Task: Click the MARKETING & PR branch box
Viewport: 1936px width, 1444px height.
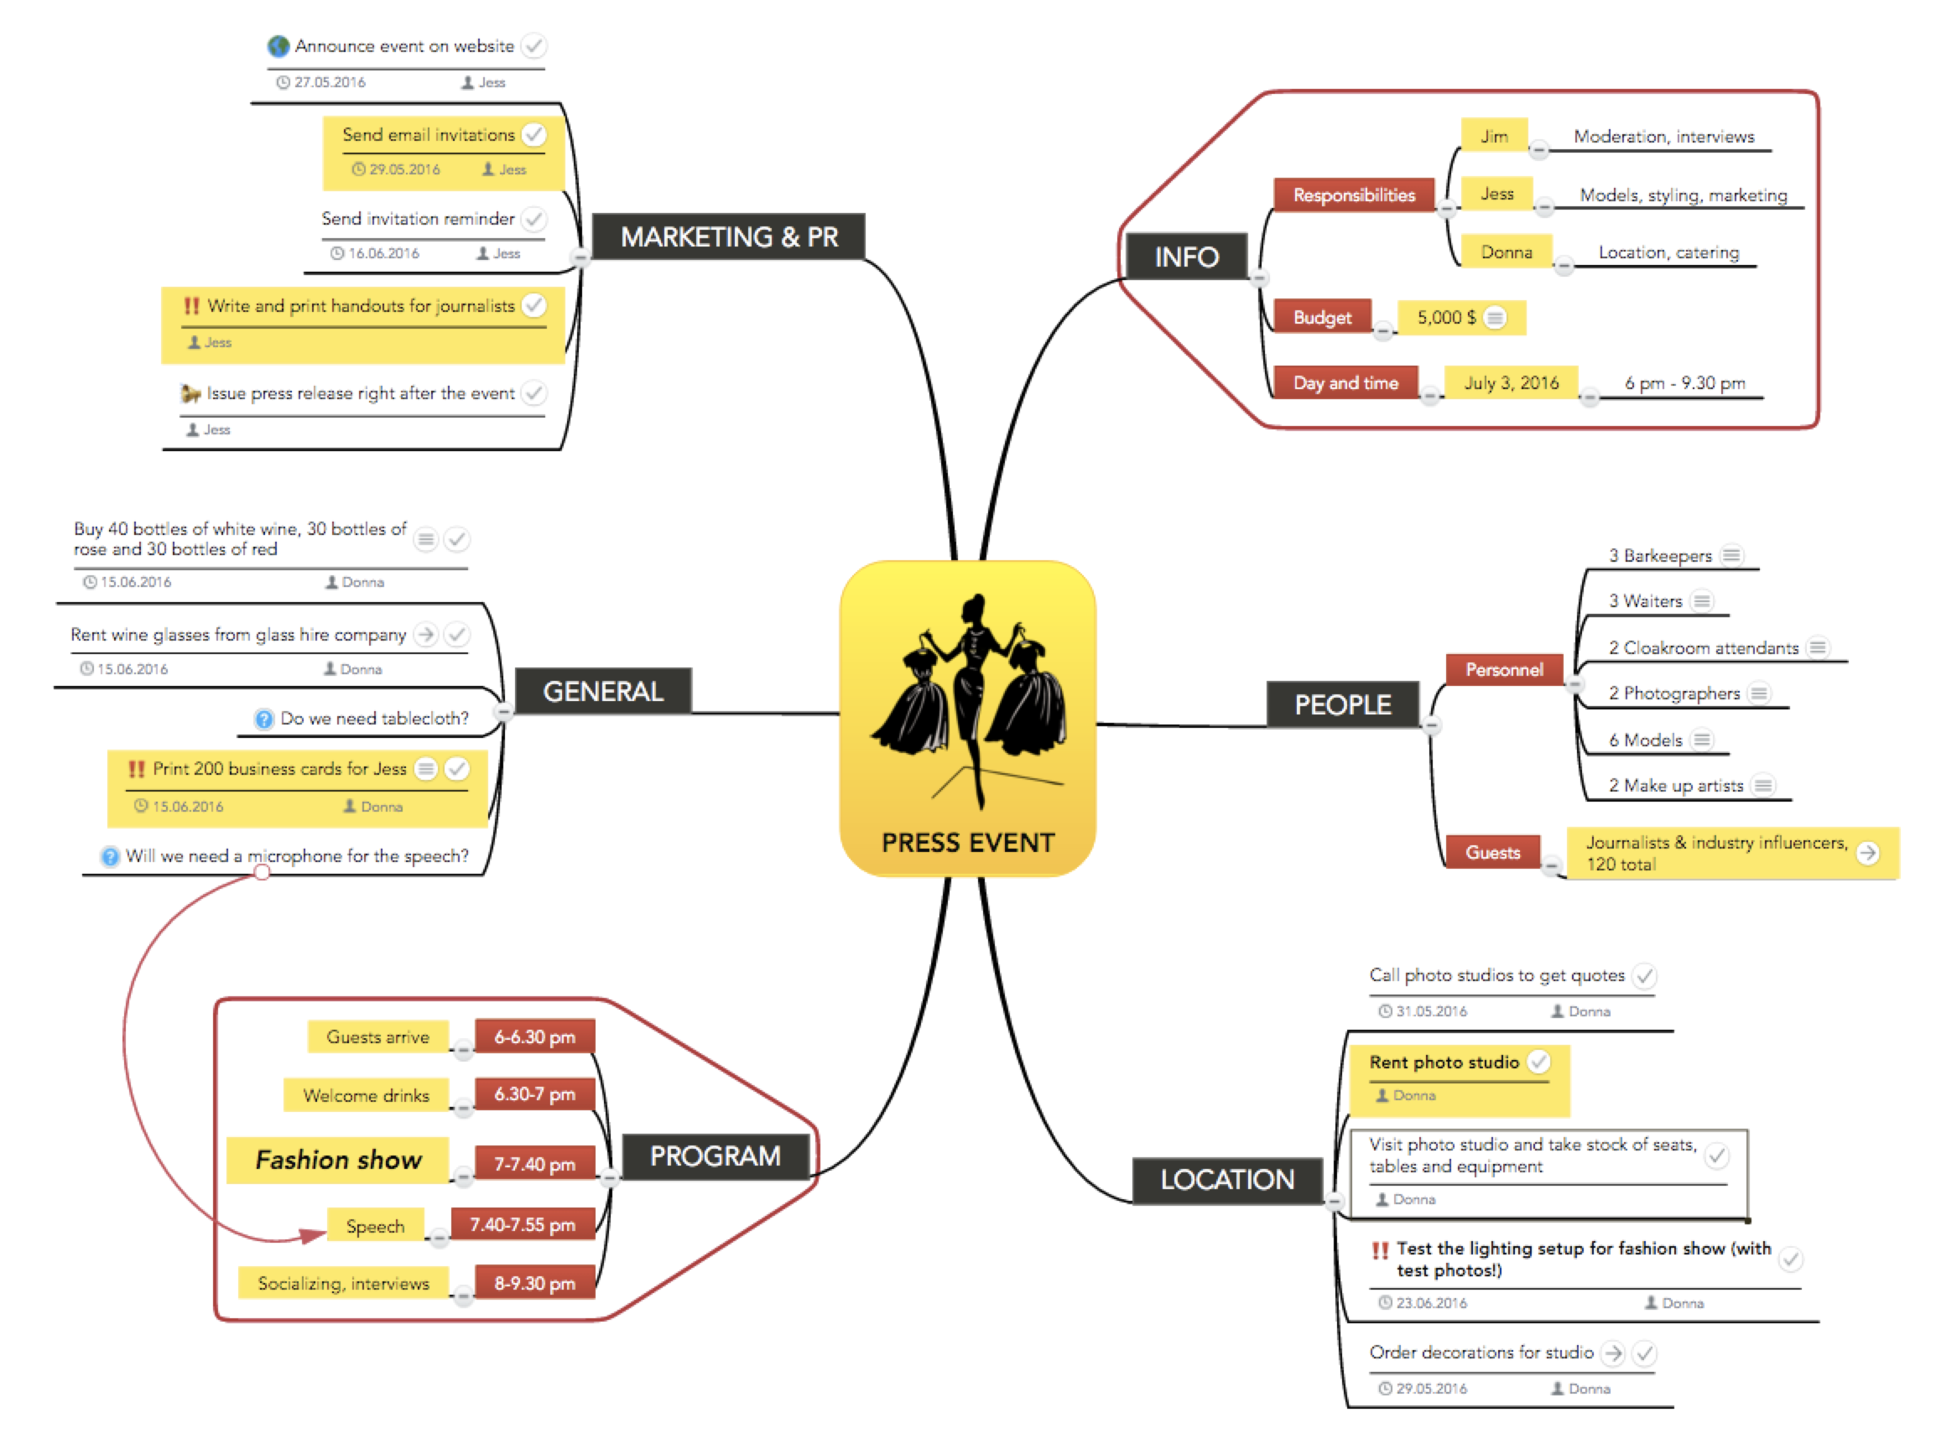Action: (x=728, y=236)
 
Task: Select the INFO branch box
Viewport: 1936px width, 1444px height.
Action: (x=1186, y=257)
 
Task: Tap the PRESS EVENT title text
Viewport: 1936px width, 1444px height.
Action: (x=967, y=843)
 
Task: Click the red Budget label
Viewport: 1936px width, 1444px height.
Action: (x=1321, y=317)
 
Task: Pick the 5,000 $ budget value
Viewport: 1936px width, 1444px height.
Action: (x=1446, y=317)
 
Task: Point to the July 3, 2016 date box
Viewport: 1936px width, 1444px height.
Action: (x=1510, y=383)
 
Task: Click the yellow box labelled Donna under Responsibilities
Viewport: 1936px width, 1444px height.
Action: (x=1506, y=252)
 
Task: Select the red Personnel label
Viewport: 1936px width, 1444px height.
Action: (x=1503, y=669)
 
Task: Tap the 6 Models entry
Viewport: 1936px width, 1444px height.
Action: (x=1645, y=740)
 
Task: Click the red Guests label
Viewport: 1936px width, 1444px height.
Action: (x=1491, y=852)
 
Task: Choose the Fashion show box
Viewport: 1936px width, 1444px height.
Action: (x=337, y=1160)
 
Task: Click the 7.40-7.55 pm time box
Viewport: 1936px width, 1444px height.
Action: (x=522, y=1224)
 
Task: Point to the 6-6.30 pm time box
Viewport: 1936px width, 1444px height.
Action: (x=534, y=1036)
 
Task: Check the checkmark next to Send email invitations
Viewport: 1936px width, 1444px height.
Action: (x=533, y=135)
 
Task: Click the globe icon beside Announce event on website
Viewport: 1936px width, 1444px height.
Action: (x=279, y=45)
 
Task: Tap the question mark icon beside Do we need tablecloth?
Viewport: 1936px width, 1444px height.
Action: (x=264, y=719)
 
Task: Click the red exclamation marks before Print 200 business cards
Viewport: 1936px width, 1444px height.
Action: (x=137, y=769)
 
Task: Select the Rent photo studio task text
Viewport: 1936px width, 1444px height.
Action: (x=1444, y=1062)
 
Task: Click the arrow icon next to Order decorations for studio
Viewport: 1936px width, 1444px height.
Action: (x=1612, y=1353)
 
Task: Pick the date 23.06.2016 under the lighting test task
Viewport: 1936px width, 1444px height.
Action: (x=1430, y=1303)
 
